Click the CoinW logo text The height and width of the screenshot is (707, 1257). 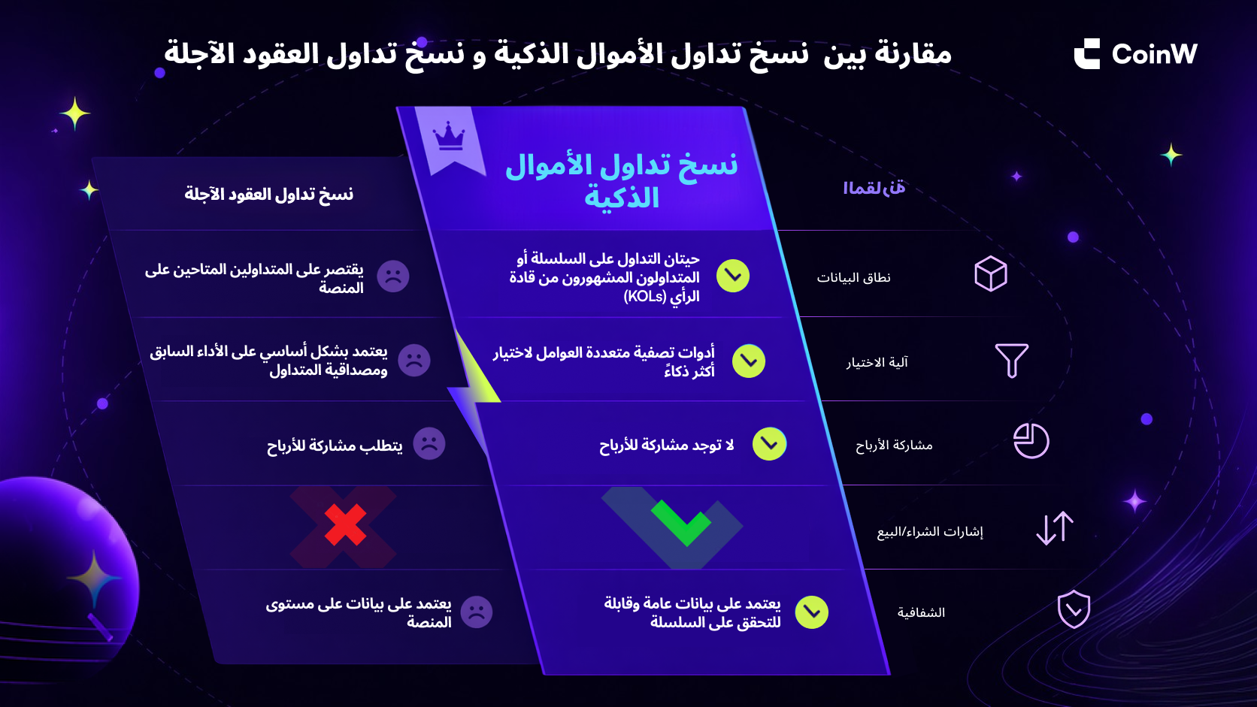(1154, 54)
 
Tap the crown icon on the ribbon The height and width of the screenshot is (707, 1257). (449, 136)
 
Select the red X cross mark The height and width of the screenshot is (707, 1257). (345, 524)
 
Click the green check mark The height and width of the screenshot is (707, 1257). (680, 522)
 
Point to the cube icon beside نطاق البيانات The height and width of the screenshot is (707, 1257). (990, 273)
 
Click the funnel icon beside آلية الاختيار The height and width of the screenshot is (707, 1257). (1011, 361)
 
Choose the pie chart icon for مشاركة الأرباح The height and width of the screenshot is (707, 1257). (1031, 441)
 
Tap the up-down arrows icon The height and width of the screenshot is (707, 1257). (1055, 528)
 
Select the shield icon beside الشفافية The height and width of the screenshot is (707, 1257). (1074, 609)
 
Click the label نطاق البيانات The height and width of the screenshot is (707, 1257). (853, 277)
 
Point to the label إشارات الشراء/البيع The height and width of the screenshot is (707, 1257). (930, 531)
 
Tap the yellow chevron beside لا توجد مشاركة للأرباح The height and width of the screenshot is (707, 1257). (769, 444)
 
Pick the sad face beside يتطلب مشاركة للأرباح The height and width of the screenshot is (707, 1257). (429, 443)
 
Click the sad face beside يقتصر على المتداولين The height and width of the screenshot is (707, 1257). (392, 276)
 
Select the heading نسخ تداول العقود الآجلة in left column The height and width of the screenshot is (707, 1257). (269, 194)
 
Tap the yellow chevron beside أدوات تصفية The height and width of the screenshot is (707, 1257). (749, 361)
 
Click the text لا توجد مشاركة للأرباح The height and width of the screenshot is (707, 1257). (666, 446)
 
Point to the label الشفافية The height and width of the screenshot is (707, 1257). (921, 612)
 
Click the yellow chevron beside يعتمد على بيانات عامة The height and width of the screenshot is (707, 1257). (811, 612)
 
